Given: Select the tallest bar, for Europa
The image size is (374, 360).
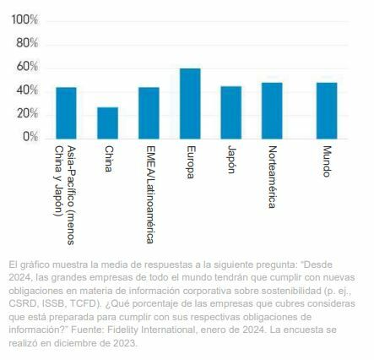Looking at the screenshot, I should coord(189,104).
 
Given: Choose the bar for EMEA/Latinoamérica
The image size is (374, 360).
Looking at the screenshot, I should coord(149,113).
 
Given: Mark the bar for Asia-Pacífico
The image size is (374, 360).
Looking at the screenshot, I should coord(66,113).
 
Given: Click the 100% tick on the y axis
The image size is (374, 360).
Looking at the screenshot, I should coord(24,19).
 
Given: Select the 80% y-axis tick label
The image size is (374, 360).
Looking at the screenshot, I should coord(27,42).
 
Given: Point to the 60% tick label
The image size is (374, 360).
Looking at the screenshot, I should coord(27,66).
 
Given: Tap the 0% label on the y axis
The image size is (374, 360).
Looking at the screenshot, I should coord(30,136).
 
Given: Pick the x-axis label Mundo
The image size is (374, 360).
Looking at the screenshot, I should coord(327,161).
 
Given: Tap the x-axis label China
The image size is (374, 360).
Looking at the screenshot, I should coord(108,158).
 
